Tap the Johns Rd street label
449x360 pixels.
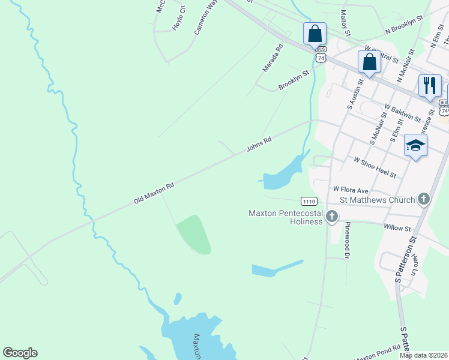(259, 145)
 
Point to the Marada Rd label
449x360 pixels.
(272, 58)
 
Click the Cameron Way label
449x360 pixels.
(205, 17)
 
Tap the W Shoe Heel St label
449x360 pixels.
(375, 168)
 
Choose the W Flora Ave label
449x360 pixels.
(351, 188)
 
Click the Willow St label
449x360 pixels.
(396, 228)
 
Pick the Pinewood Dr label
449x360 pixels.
(347, 239)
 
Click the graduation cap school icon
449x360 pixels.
(415, 145)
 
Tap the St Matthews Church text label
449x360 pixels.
(377, 200)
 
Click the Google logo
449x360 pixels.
(20, 352)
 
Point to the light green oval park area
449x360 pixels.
(194, 234)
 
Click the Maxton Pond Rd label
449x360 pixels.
(377, 353)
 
